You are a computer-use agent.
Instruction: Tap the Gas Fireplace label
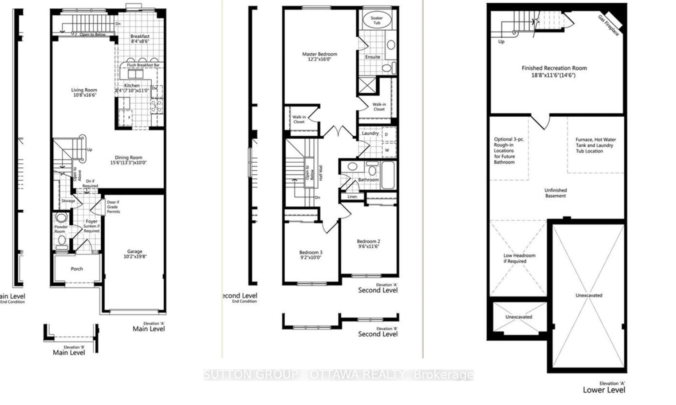[x=608, y=25]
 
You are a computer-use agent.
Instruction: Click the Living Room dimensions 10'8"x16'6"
[x=85, y=95]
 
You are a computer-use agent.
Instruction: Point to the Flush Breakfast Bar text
[x=143, y=65]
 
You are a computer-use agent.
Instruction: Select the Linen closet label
[x=352, y=196]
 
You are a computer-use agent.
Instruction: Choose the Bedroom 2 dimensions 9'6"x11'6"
[x=368, y=246]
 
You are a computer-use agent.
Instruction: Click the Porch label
[x=77, y=269]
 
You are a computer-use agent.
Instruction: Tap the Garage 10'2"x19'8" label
[x=135, y=254]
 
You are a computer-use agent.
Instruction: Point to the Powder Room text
[x=61, y=229]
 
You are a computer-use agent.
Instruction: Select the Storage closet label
[x=68, y=201]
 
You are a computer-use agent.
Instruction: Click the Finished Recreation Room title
[x=554, y=68]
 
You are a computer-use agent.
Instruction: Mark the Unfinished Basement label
[x=555, y=193]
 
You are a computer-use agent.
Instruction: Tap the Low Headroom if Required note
[x=519, y=258]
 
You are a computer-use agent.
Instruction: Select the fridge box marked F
[x=129, y=118]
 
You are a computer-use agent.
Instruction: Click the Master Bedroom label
[x=319, y=54]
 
